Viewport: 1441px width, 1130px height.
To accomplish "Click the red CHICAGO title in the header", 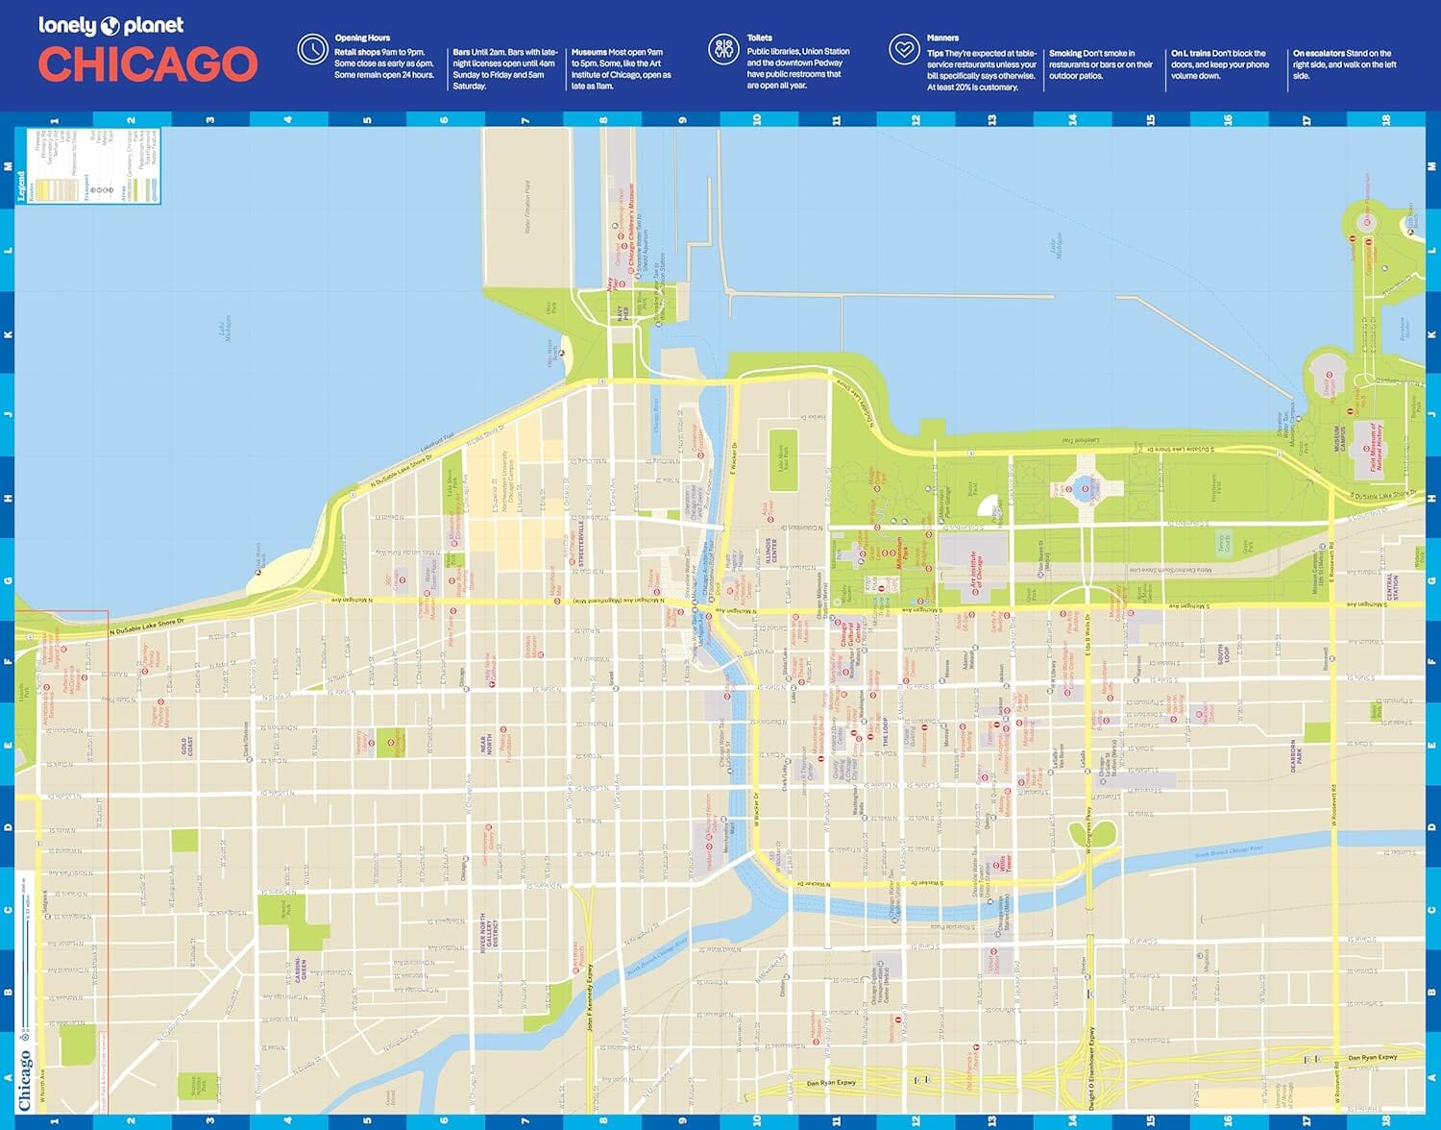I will click(148, 64).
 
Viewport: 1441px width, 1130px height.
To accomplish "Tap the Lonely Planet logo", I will click(110, 25).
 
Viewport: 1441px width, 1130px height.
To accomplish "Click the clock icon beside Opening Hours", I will click(312, 49).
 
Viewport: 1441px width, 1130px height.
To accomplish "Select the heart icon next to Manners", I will click(904, 49).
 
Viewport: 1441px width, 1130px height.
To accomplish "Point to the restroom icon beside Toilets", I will click(723, 49).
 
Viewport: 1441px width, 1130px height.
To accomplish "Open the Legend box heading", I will click(21, 187).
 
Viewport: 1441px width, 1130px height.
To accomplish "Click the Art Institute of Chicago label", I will click(977, 574).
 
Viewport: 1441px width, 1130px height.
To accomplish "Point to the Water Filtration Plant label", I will click(527, 207).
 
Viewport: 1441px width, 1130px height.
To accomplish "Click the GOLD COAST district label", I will click(187, 747).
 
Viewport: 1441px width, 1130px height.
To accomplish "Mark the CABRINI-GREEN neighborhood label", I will click(300, 969).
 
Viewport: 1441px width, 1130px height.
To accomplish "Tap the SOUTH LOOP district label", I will click(1223, 654).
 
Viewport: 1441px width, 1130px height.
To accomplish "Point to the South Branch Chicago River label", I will click(1228, 851).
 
